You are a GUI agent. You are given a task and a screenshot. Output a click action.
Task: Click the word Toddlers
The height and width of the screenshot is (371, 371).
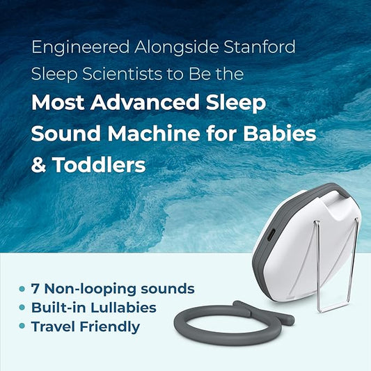98,165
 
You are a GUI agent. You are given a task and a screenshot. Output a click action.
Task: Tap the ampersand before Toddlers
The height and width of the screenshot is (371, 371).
39,165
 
